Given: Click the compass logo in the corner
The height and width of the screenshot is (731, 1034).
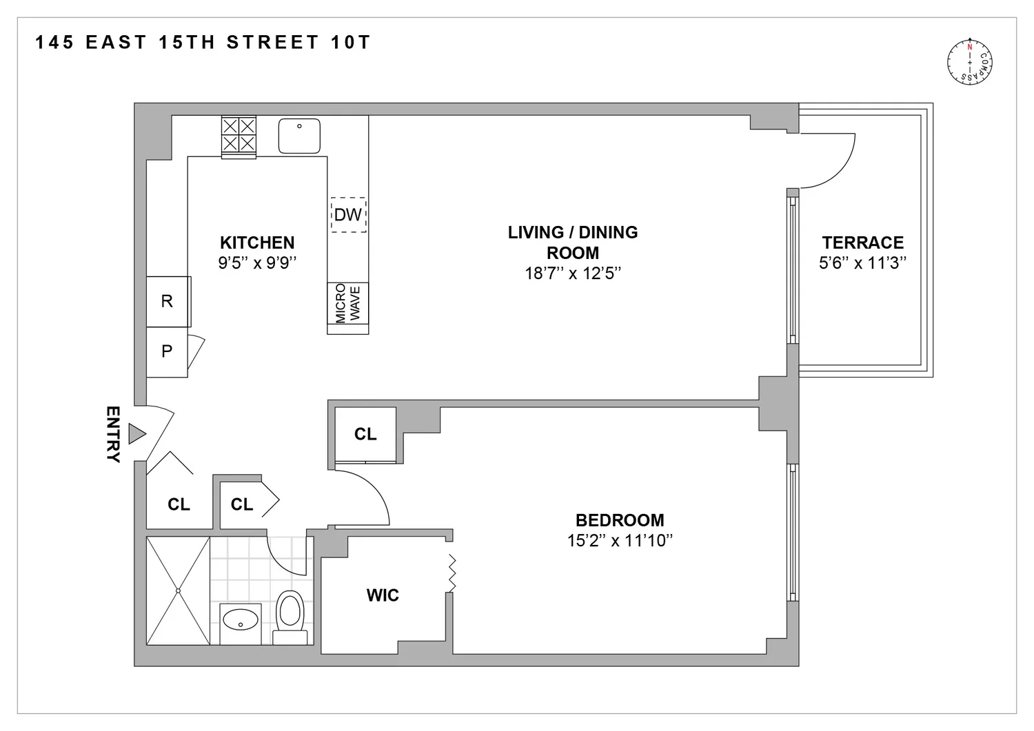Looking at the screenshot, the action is point(969,62).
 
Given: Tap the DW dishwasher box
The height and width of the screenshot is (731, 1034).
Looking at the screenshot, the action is point(349,214).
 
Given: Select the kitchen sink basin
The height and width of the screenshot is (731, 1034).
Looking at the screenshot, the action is point(299,136).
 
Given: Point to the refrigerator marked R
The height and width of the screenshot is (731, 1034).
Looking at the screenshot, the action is point(167,301).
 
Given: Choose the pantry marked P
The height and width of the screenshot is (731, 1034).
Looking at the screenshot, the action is point(167,351).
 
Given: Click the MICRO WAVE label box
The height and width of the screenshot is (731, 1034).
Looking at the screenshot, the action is point(347,303).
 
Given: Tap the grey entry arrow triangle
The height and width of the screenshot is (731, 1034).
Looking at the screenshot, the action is point(137,434).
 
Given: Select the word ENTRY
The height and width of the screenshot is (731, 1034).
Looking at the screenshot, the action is point(113,434).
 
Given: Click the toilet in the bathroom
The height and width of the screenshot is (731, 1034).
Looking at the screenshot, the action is point(290,617).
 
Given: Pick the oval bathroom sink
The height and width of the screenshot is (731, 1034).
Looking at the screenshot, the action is point(241,619).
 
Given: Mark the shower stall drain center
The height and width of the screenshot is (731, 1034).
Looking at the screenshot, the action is point(178,590).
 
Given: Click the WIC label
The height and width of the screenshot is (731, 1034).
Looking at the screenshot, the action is point(383,595).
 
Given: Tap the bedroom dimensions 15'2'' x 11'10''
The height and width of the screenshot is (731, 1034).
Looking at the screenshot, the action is point(620,540).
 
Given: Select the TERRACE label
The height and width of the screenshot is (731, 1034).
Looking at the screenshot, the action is point(863,243).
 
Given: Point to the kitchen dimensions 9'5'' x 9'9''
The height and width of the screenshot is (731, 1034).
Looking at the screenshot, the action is point(257,262).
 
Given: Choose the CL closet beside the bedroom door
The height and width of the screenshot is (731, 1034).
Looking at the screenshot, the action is point(365,434).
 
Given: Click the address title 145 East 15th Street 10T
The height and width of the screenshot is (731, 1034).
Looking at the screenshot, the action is point(203,43).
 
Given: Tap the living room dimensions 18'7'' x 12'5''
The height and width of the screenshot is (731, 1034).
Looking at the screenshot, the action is point(573,274).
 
